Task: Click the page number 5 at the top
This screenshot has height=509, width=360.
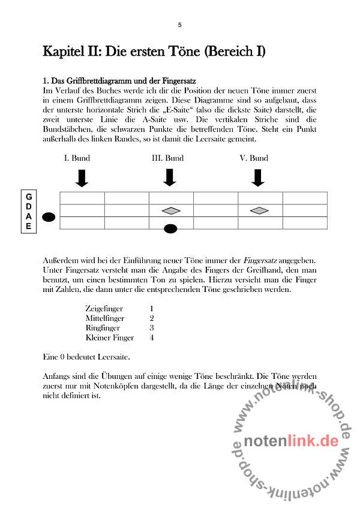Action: [x=179, y=25]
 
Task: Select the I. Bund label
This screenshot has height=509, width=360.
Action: [x=77, y=158]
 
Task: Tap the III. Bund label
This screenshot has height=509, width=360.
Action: [x=167, y=158]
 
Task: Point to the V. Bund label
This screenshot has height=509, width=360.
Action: [x=254, y=158]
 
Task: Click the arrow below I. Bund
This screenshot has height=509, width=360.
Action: [x=82, y=177]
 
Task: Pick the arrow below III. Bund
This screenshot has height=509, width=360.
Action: [x=170, y=177]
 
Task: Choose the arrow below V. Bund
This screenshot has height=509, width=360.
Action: [x=258, y=177]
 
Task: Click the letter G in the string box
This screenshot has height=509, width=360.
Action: [x=28, y=197]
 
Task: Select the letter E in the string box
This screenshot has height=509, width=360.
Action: [x=28, y=226]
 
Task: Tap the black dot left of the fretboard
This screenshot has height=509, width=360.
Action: [x=49, y=217]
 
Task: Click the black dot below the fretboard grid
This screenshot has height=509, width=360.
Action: [x=171, y=228]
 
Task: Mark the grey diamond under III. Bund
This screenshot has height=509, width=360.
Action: [x=171, y=210]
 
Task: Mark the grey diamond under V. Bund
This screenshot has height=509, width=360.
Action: [x=259, y=210]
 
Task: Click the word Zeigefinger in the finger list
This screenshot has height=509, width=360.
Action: [x=104, y=309]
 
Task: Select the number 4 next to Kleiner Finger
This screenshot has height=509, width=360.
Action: [x=152, y=338]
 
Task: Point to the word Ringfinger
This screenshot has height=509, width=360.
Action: [x=103, y=328]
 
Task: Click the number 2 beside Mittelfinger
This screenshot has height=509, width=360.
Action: [x=152, y=318]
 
